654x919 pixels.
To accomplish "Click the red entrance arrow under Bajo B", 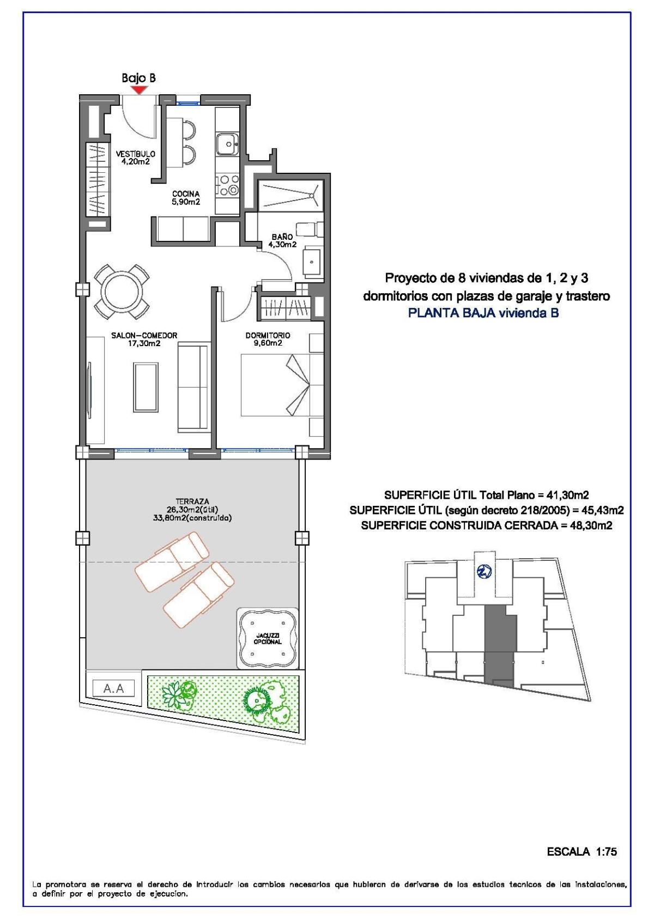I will coord(139,90).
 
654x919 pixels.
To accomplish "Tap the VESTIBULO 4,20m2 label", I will coord(136,158).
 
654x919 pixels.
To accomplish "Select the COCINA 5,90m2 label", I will coord(186,197).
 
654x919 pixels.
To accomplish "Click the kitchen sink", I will coord(226,144).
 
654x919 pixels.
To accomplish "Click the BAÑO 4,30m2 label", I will coord(282,241).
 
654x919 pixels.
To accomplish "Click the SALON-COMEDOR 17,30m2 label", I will coord(144,339).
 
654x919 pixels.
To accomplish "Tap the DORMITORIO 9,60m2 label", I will coord(268,339).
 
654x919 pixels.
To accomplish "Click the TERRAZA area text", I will coord(192,510).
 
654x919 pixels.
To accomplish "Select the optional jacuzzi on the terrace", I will coord(268,637).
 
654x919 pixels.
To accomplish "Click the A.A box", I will coord(114,688).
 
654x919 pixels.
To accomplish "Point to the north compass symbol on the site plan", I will coord(484,571).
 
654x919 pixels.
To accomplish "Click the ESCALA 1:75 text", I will coord(582,851).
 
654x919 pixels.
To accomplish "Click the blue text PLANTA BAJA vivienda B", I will coord(483,313).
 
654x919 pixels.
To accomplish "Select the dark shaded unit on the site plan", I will coord(499,643).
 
